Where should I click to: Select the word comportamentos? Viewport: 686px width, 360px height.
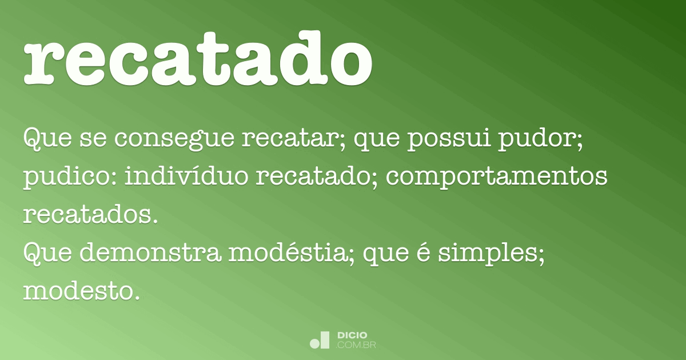click(x=496, y=178)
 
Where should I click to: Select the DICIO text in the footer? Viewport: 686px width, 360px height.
click(x=353, y=335)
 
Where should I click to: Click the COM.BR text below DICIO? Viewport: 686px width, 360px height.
click(x=357, y=345)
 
